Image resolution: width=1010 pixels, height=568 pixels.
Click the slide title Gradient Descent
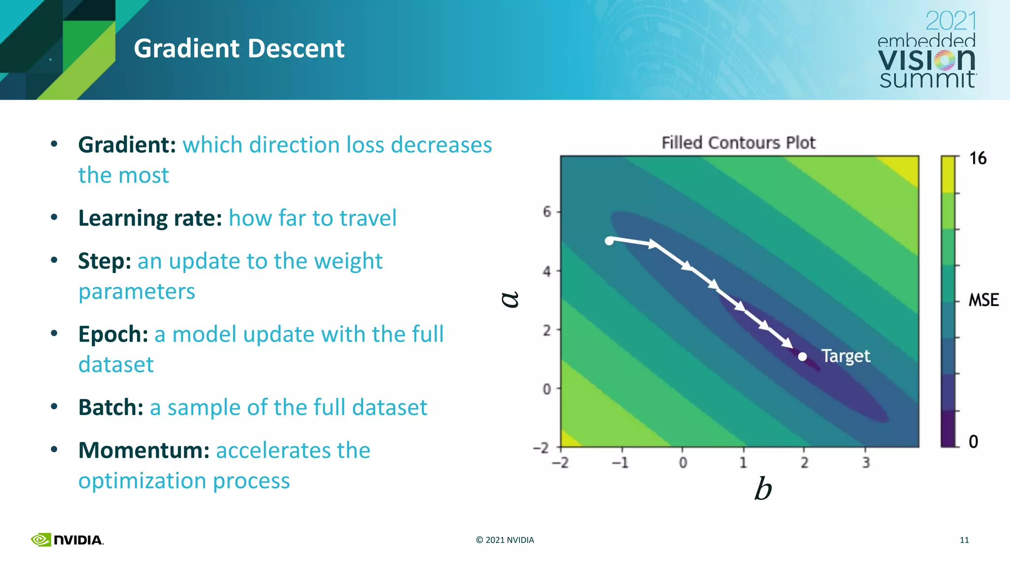tap(239, 48)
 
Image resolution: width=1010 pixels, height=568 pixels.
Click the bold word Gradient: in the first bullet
tap(127, 145)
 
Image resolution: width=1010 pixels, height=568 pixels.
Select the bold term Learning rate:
tap(150, 218)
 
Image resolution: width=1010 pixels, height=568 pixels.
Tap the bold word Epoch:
tap(113, 334)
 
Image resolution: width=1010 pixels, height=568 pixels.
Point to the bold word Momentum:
tap(144, 450)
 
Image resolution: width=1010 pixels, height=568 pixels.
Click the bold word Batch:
tap(111, 407)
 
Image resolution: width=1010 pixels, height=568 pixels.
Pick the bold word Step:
tap(105, 261)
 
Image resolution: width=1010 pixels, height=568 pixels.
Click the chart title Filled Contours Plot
tap(738, 142)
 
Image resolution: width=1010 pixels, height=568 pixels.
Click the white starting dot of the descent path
tap(610, 241)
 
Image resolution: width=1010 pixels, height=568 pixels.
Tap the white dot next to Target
tap(802, 356)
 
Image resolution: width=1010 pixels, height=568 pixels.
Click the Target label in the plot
tap(845, 356)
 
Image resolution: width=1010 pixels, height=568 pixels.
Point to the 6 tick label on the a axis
tap(547, 212)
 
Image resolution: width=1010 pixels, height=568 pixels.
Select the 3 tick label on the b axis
tap(866, 462)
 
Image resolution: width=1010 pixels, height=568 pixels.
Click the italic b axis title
tap(762, 489)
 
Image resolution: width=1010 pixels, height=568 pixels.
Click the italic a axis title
tap(510, 299)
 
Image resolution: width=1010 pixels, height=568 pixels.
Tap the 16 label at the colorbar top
tap(977, 158)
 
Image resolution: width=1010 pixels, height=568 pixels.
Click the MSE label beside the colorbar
tap(983, 300)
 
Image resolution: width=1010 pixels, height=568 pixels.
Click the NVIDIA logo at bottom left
tap(67, 540)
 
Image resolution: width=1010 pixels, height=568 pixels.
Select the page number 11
tap(964, 540)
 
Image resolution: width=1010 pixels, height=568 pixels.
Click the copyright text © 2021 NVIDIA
tap(505, 540)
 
